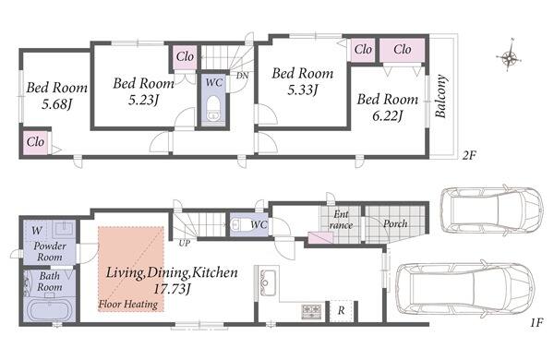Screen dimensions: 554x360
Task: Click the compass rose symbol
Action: point(509,55)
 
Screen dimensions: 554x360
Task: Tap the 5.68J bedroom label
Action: point(57,96)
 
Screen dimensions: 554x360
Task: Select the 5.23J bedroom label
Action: point(143,91)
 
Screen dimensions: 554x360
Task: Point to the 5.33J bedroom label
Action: point(303,81)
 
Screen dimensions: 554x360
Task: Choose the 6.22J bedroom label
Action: point(388,107)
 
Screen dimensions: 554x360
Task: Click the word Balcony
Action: point(440,96)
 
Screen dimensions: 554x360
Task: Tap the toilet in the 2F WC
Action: point(213,108)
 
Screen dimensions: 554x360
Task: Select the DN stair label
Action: point(242,76)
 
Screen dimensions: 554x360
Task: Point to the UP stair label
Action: point(184,243)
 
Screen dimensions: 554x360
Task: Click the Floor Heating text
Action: point(128,305)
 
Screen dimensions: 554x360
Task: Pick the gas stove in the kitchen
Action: point(312,311)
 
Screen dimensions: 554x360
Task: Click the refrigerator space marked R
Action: point(341,310)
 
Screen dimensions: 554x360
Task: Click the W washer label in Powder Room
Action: point(36,231)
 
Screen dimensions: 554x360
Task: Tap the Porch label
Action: point(395,223)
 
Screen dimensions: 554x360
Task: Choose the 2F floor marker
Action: point(469,155)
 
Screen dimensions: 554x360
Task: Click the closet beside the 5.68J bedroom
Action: point(36,142)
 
